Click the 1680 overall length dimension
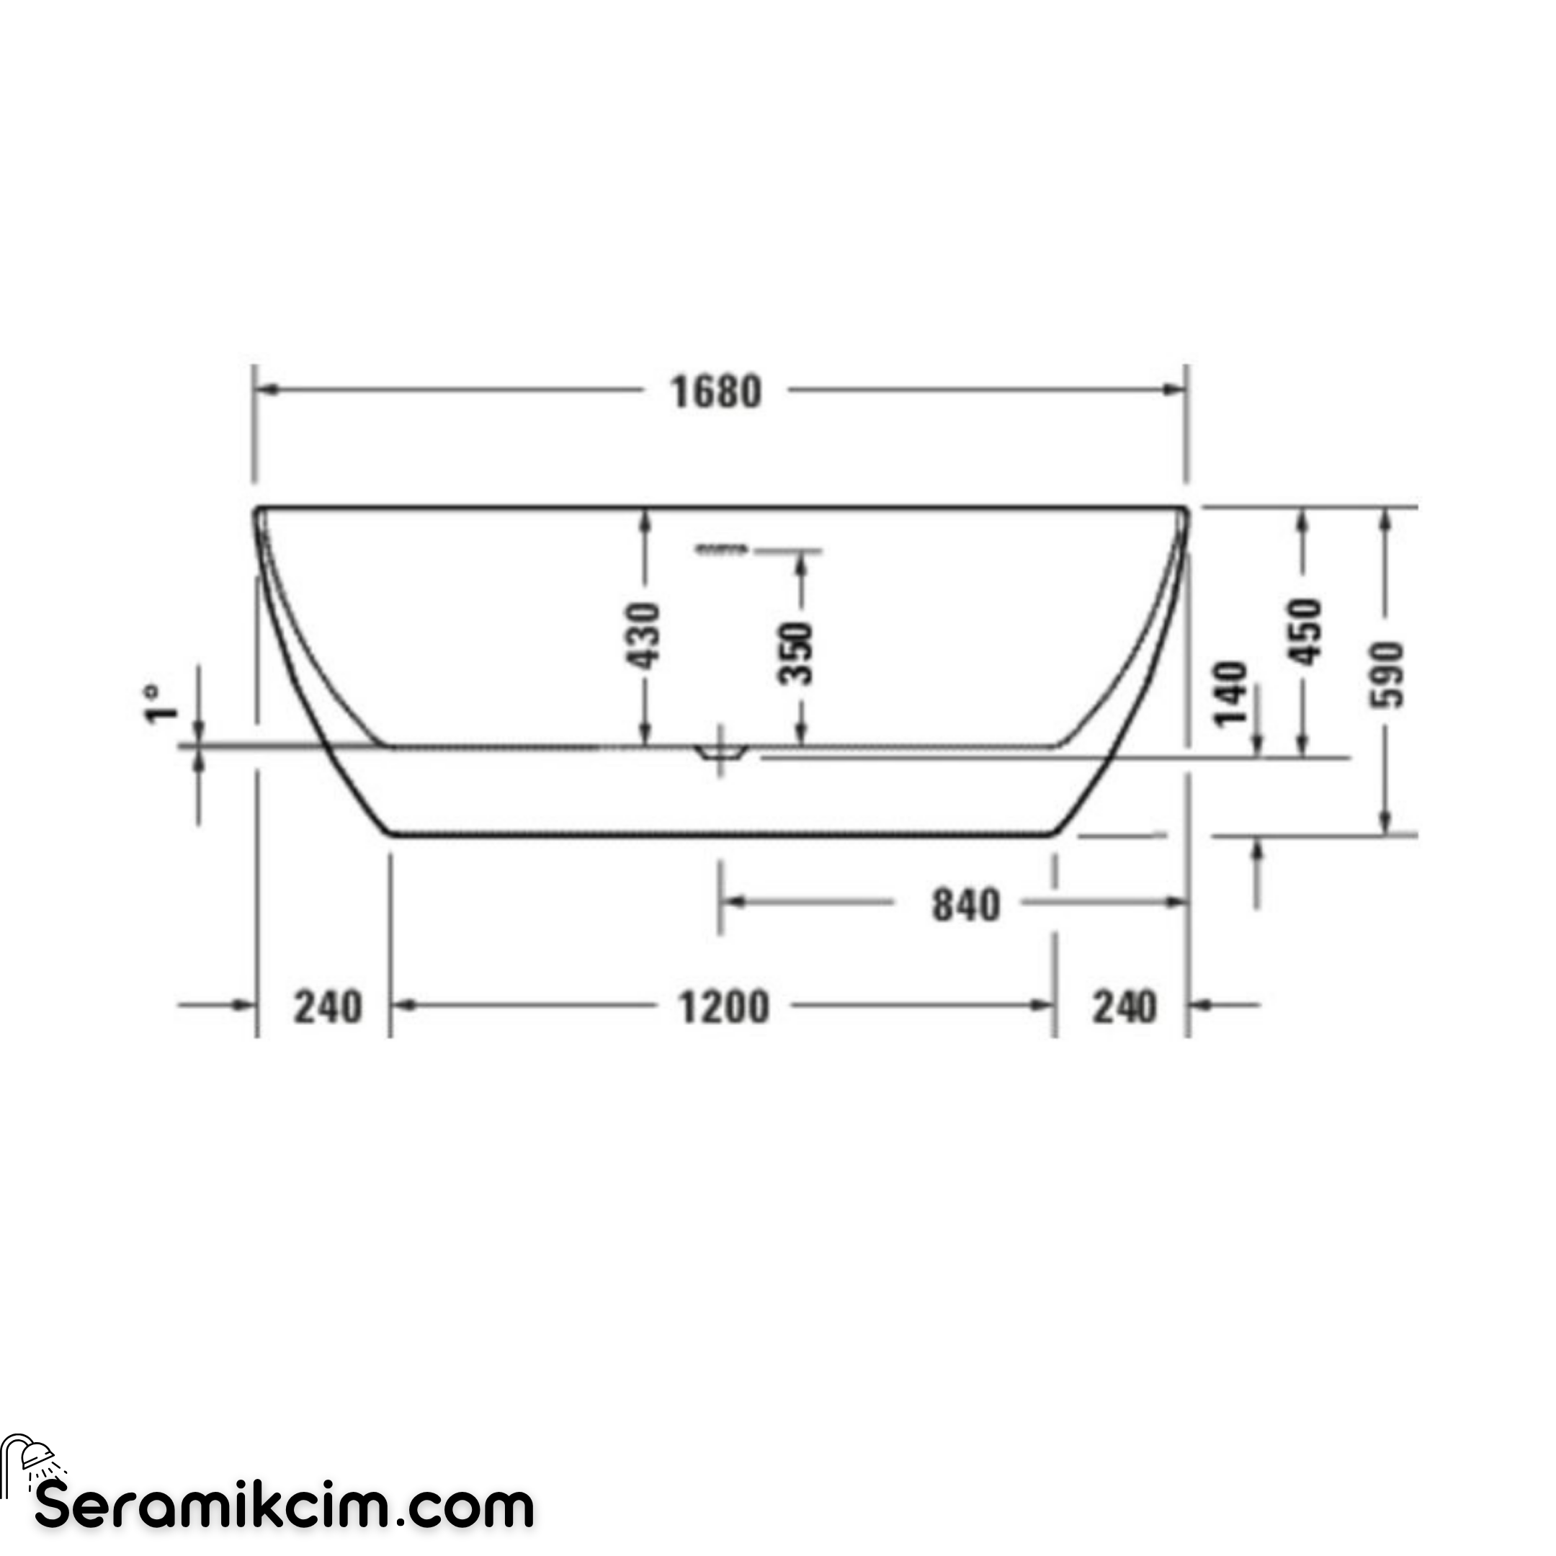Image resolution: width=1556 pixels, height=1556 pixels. point(716,392)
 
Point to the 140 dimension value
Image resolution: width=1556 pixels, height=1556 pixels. point(1231,694)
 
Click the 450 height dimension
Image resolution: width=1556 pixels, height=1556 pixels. point(1305,632)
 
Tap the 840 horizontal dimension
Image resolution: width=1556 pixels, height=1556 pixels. point(965,905)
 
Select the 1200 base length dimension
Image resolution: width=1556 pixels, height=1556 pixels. point(724,1008)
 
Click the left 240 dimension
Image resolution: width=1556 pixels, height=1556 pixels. point(328,1008)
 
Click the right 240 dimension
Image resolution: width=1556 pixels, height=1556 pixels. point(1124,1008)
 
